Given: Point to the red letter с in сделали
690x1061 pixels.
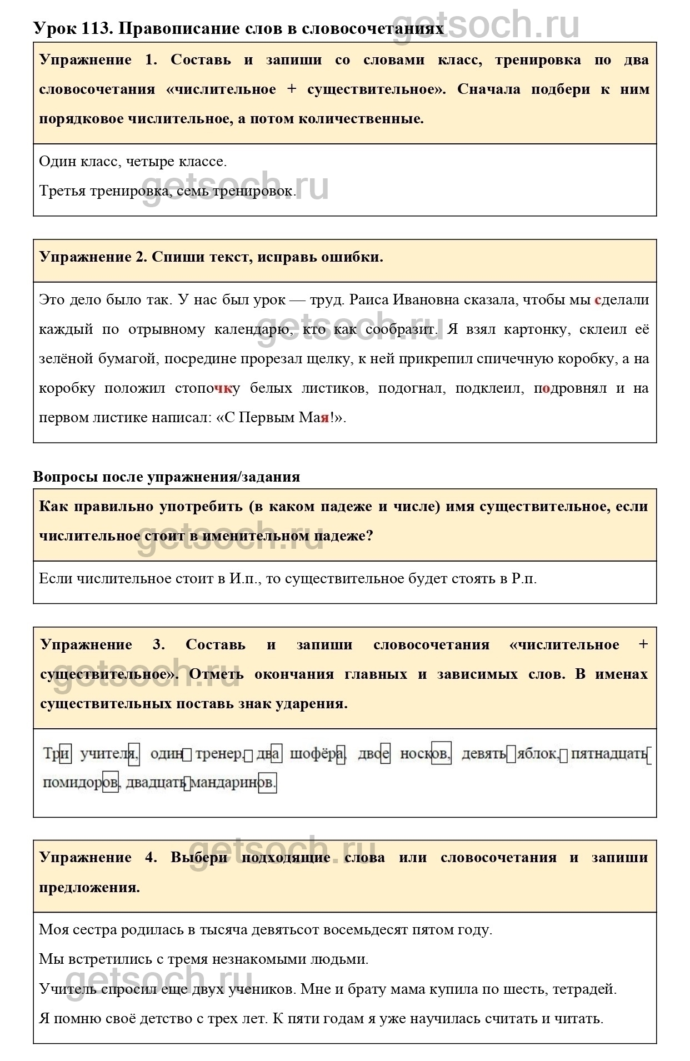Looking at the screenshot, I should tap(598, 300).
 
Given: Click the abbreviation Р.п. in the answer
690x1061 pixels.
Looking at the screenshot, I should tap(523, 579).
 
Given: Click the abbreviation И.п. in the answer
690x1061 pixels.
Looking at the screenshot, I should tap(244, 579).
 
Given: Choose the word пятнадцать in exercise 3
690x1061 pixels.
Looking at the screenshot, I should tap(609, 754).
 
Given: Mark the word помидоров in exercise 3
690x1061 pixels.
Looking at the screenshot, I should tap(80, 783).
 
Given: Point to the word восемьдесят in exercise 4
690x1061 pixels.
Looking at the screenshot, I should tap(366, 930).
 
